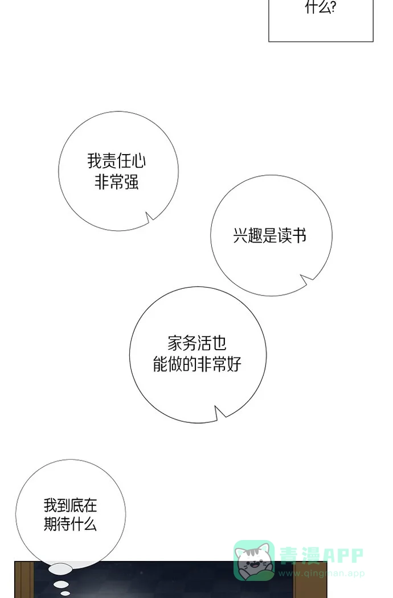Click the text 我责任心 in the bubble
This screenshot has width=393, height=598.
(x=116, y=161)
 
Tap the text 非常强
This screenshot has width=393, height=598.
(x=116, y=182)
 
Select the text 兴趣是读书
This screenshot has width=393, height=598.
(x=270, y=235)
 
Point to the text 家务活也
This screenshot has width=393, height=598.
(x=197, y=343)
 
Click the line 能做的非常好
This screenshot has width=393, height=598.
(x=197, y=364)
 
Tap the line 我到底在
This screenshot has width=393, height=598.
(x=71, y=505)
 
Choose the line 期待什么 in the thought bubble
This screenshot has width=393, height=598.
(x=71, y=524)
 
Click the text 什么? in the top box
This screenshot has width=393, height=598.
(x=320, y=7)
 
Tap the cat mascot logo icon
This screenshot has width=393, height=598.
(x=254, y=560)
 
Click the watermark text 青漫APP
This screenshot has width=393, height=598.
(x=321, y=555)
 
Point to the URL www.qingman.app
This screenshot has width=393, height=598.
(x=321, y=573)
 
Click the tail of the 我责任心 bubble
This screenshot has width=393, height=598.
(x=149, y=217)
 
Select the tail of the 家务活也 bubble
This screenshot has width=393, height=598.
(x=219, y=413)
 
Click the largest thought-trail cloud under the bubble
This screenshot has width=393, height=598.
(x=60, y=568)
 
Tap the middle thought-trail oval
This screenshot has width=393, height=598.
(x=61, y=584)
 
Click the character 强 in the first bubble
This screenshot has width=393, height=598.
(x=131, y=182)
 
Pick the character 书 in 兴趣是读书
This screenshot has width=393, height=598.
(x=300, y=235)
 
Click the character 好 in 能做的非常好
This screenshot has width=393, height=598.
(x=234, y=364)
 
